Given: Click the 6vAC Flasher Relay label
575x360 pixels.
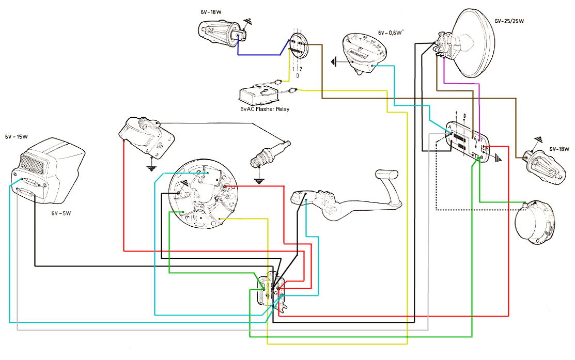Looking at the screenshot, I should [265, 109].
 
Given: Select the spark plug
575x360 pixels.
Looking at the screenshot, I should [270, 154].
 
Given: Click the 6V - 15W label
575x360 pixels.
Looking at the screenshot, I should [16, 137].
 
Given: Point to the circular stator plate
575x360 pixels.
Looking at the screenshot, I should [203, 195].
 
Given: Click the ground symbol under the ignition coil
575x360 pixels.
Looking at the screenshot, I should [151, 168].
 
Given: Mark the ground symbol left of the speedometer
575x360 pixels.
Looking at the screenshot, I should [335, 62].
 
